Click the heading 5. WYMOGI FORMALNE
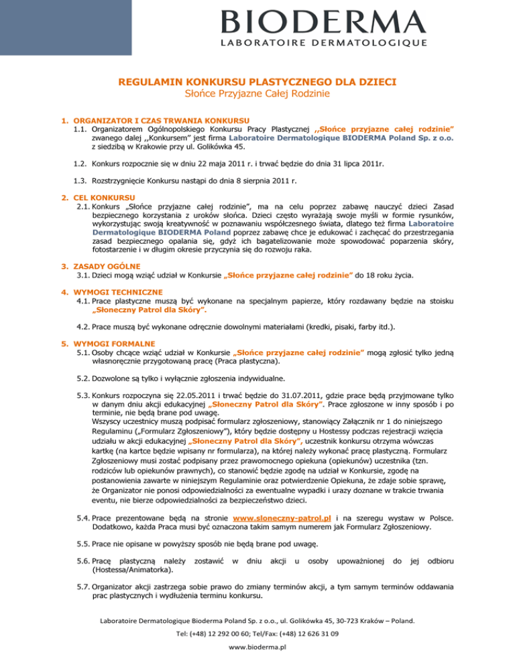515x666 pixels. [x=109, y=336]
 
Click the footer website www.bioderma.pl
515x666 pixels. [x=257, y=649]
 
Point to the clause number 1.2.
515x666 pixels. [x=82, y=162]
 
